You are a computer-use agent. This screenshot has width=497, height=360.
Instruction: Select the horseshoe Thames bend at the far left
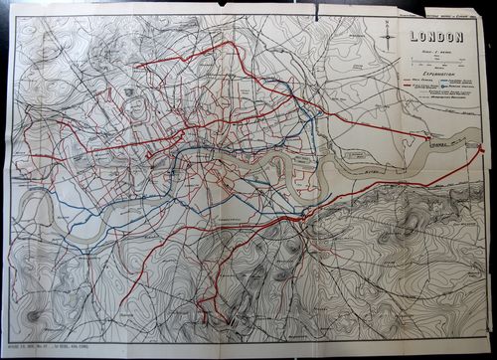[36, 209]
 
